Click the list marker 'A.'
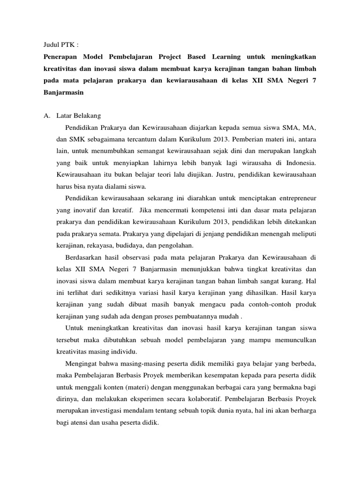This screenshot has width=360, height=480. tap(47, 115)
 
